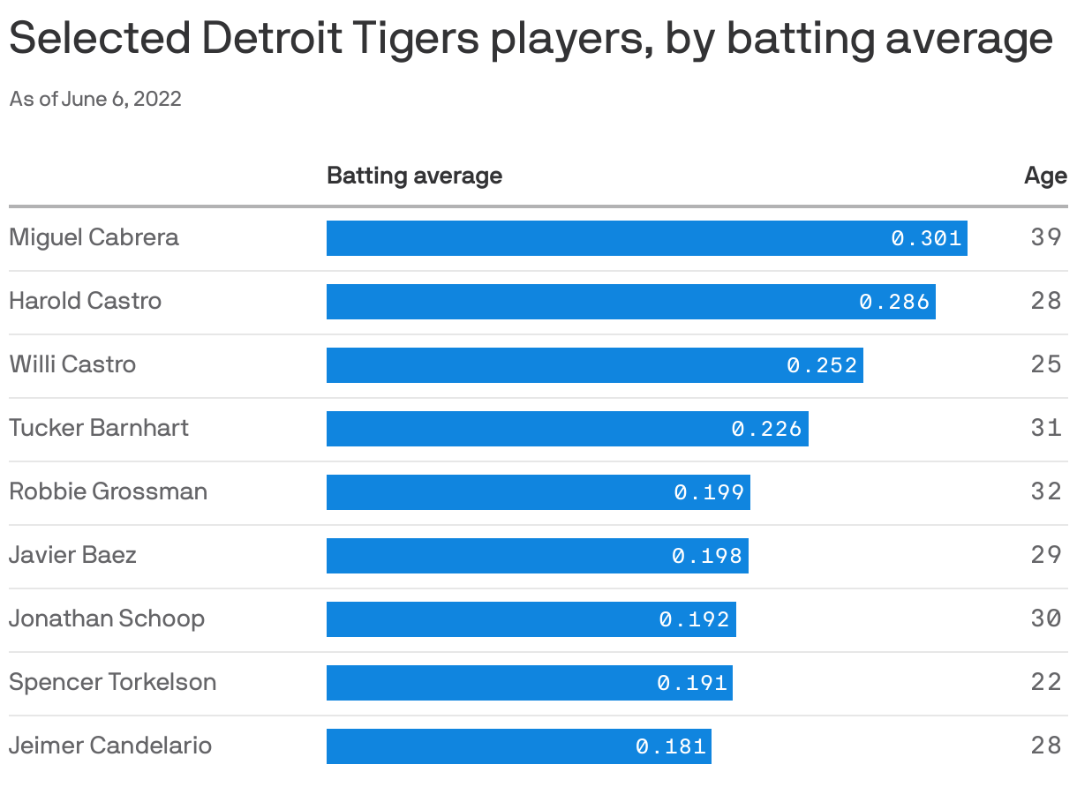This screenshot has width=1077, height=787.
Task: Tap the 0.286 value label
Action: point(894,302)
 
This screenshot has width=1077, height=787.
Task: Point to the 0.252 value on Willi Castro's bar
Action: point(822,365)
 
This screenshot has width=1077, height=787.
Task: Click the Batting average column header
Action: point(414,176)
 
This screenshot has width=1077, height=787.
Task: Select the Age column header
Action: point(1045,176)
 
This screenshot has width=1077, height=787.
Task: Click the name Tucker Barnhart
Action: point(99,428)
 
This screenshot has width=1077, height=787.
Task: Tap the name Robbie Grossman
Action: point(108,491)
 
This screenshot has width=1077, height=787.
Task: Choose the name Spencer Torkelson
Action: point(112,682)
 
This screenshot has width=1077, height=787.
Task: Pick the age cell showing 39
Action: point(1045,237)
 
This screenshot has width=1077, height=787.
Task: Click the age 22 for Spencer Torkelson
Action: point(1045,682)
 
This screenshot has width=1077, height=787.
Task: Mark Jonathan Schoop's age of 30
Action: point(1045,618)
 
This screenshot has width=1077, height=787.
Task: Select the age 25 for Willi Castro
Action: point(1045,364)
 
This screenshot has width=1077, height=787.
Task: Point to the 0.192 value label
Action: point(695,619)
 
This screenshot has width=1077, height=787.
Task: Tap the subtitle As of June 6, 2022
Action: point(95,99)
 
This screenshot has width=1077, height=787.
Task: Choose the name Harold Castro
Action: point(85,301)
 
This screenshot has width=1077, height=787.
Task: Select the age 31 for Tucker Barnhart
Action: point(1045,428)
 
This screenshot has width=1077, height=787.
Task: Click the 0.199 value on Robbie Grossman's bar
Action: point(709,492)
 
